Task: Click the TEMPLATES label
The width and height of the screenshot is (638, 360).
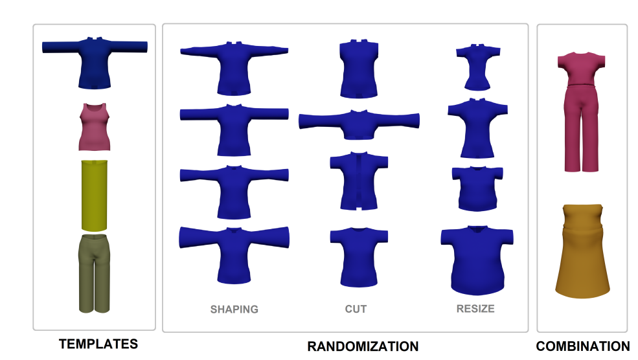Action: (98, 344)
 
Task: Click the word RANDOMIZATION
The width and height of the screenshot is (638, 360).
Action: (363, 346)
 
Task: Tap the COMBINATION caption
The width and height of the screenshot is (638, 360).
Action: (583, 346)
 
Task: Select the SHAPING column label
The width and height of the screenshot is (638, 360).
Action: (234, 309)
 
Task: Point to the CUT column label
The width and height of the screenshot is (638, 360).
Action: (356, 309)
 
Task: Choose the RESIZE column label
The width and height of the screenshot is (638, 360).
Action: (475, 309)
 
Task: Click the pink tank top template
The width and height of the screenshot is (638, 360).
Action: (95, 127)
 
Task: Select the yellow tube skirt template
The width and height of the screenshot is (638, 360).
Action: (95, 196)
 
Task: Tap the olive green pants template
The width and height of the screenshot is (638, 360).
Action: (95, 274)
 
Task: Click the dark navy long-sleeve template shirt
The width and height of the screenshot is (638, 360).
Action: (95, 63)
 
